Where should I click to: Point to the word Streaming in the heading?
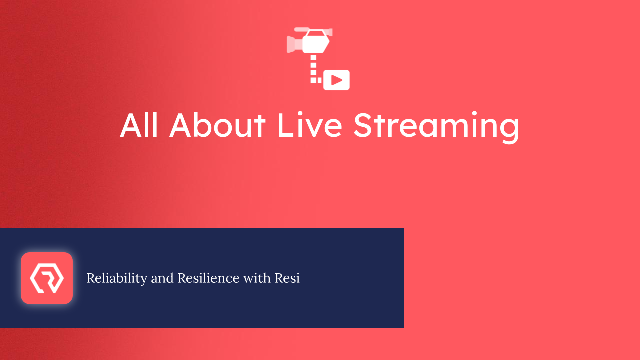point(436,126)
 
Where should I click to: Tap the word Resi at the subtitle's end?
point(287,278)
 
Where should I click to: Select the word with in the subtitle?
point(257,278)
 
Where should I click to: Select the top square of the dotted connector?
point(314,59)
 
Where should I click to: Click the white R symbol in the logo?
point(47,278)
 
